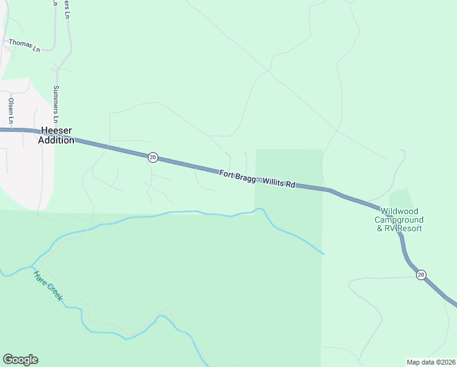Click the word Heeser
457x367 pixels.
click(x=56, y=130)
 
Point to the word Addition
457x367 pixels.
click(x=56, y=140)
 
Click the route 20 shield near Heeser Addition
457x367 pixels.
click(x=153, y=157)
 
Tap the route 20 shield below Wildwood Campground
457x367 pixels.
click(x=421, y=275)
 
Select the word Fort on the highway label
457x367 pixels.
click(x=228, y=174)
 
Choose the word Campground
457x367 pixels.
click(x=399, y=220)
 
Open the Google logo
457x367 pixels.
click(x=20, y=360)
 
